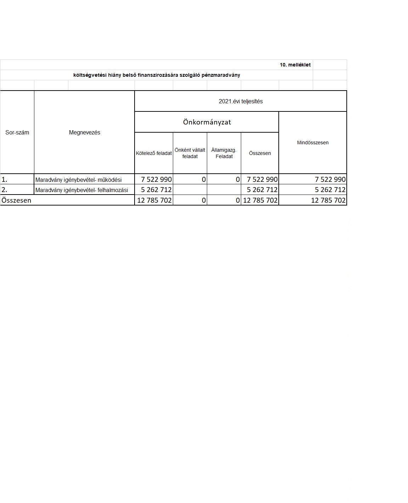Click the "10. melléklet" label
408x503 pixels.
[295, 65]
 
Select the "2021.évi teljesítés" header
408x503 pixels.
[240, 101]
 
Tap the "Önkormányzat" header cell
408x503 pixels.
[207, 122]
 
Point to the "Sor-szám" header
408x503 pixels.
[17, 132]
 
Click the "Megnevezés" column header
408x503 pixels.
[84, 132]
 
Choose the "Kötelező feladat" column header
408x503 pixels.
[154, 153]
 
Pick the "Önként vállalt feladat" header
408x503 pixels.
[190, 153]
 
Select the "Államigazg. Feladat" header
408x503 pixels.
[224, 153]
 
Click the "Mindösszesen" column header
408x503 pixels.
[313, 143]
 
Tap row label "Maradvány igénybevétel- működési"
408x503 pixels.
[78, 180]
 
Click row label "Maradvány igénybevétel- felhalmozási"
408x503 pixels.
[81, 190]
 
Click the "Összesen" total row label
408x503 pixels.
[16, 200]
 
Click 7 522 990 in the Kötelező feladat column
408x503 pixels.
[156, 179]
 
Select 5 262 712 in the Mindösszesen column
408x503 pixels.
[330, 190]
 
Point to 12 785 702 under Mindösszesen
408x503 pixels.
[328, 200]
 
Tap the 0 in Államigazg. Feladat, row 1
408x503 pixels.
[238, 179]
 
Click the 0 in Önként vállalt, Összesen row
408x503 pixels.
[204, 200]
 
